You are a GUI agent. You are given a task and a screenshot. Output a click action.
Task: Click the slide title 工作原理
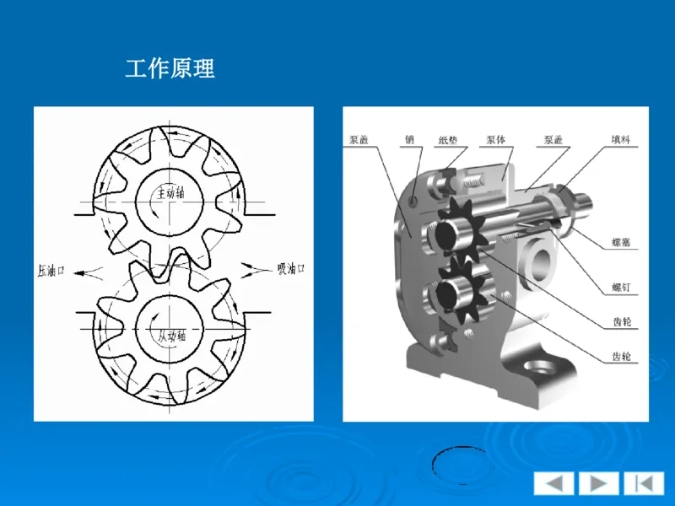tap(170, 68)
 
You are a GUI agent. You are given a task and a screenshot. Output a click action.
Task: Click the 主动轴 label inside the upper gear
tap(170, 194)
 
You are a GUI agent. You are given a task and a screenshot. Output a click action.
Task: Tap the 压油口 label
tap(51, 271)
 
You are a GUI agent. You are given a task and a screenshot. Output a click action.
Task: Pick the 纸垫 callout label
tap(450, 140)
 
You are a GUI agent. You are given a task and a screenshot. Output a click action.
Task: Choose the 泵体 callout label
tap(495, 140)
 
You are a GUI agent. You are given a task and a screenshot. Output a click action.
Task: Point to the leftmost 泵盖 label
tap(359, 140)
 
